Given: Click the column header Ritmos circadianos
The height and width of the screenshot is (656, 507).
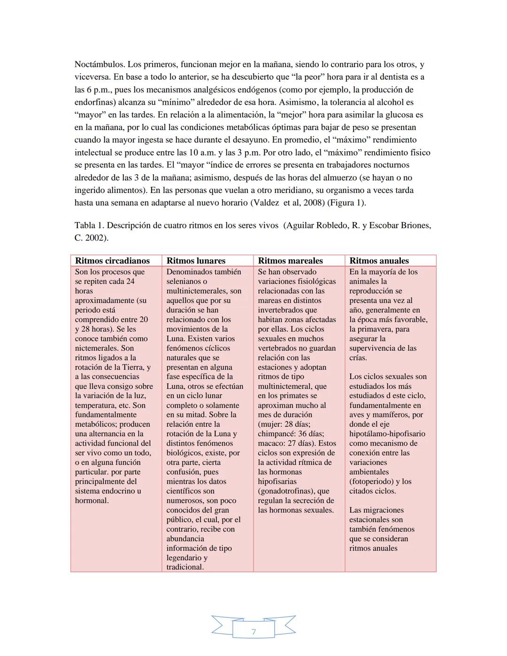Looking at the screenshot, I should (112, 261).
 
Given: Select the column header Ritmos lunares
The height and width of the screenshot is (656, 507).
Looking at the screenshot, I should (196, 261).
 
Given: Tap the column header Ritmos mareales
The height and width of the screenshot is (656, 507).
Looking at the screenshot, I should (290, 261).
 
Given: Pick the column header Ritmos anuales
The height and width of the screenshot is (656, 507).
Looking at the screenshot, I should (379, 261).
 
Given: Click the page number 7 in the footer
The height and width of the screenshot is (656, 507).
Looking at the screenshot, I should (253, 632).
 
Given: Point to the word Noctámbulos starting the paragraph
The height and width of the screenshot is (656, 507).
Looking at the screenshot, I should (100, 64).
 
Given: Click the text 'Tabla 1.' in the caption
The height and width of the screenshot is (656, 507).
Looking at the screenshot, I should (89, 225).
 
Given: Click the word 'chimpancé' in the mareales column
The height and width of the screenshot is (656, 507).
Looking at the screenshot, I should (277, 434).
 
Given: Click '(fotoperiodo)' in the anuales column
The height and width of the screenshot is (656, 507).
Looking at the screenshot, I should (374, 481).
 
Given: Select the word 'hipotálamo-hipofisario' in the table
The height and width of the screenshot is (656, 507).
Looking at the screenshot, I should (387, 434).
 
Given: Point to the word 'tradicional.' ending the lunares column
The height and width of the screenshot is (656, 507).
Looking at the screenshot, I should (185, 567).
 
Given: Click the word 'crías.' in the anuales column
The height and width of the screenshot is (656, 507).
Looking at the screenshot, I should (358, 357).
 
